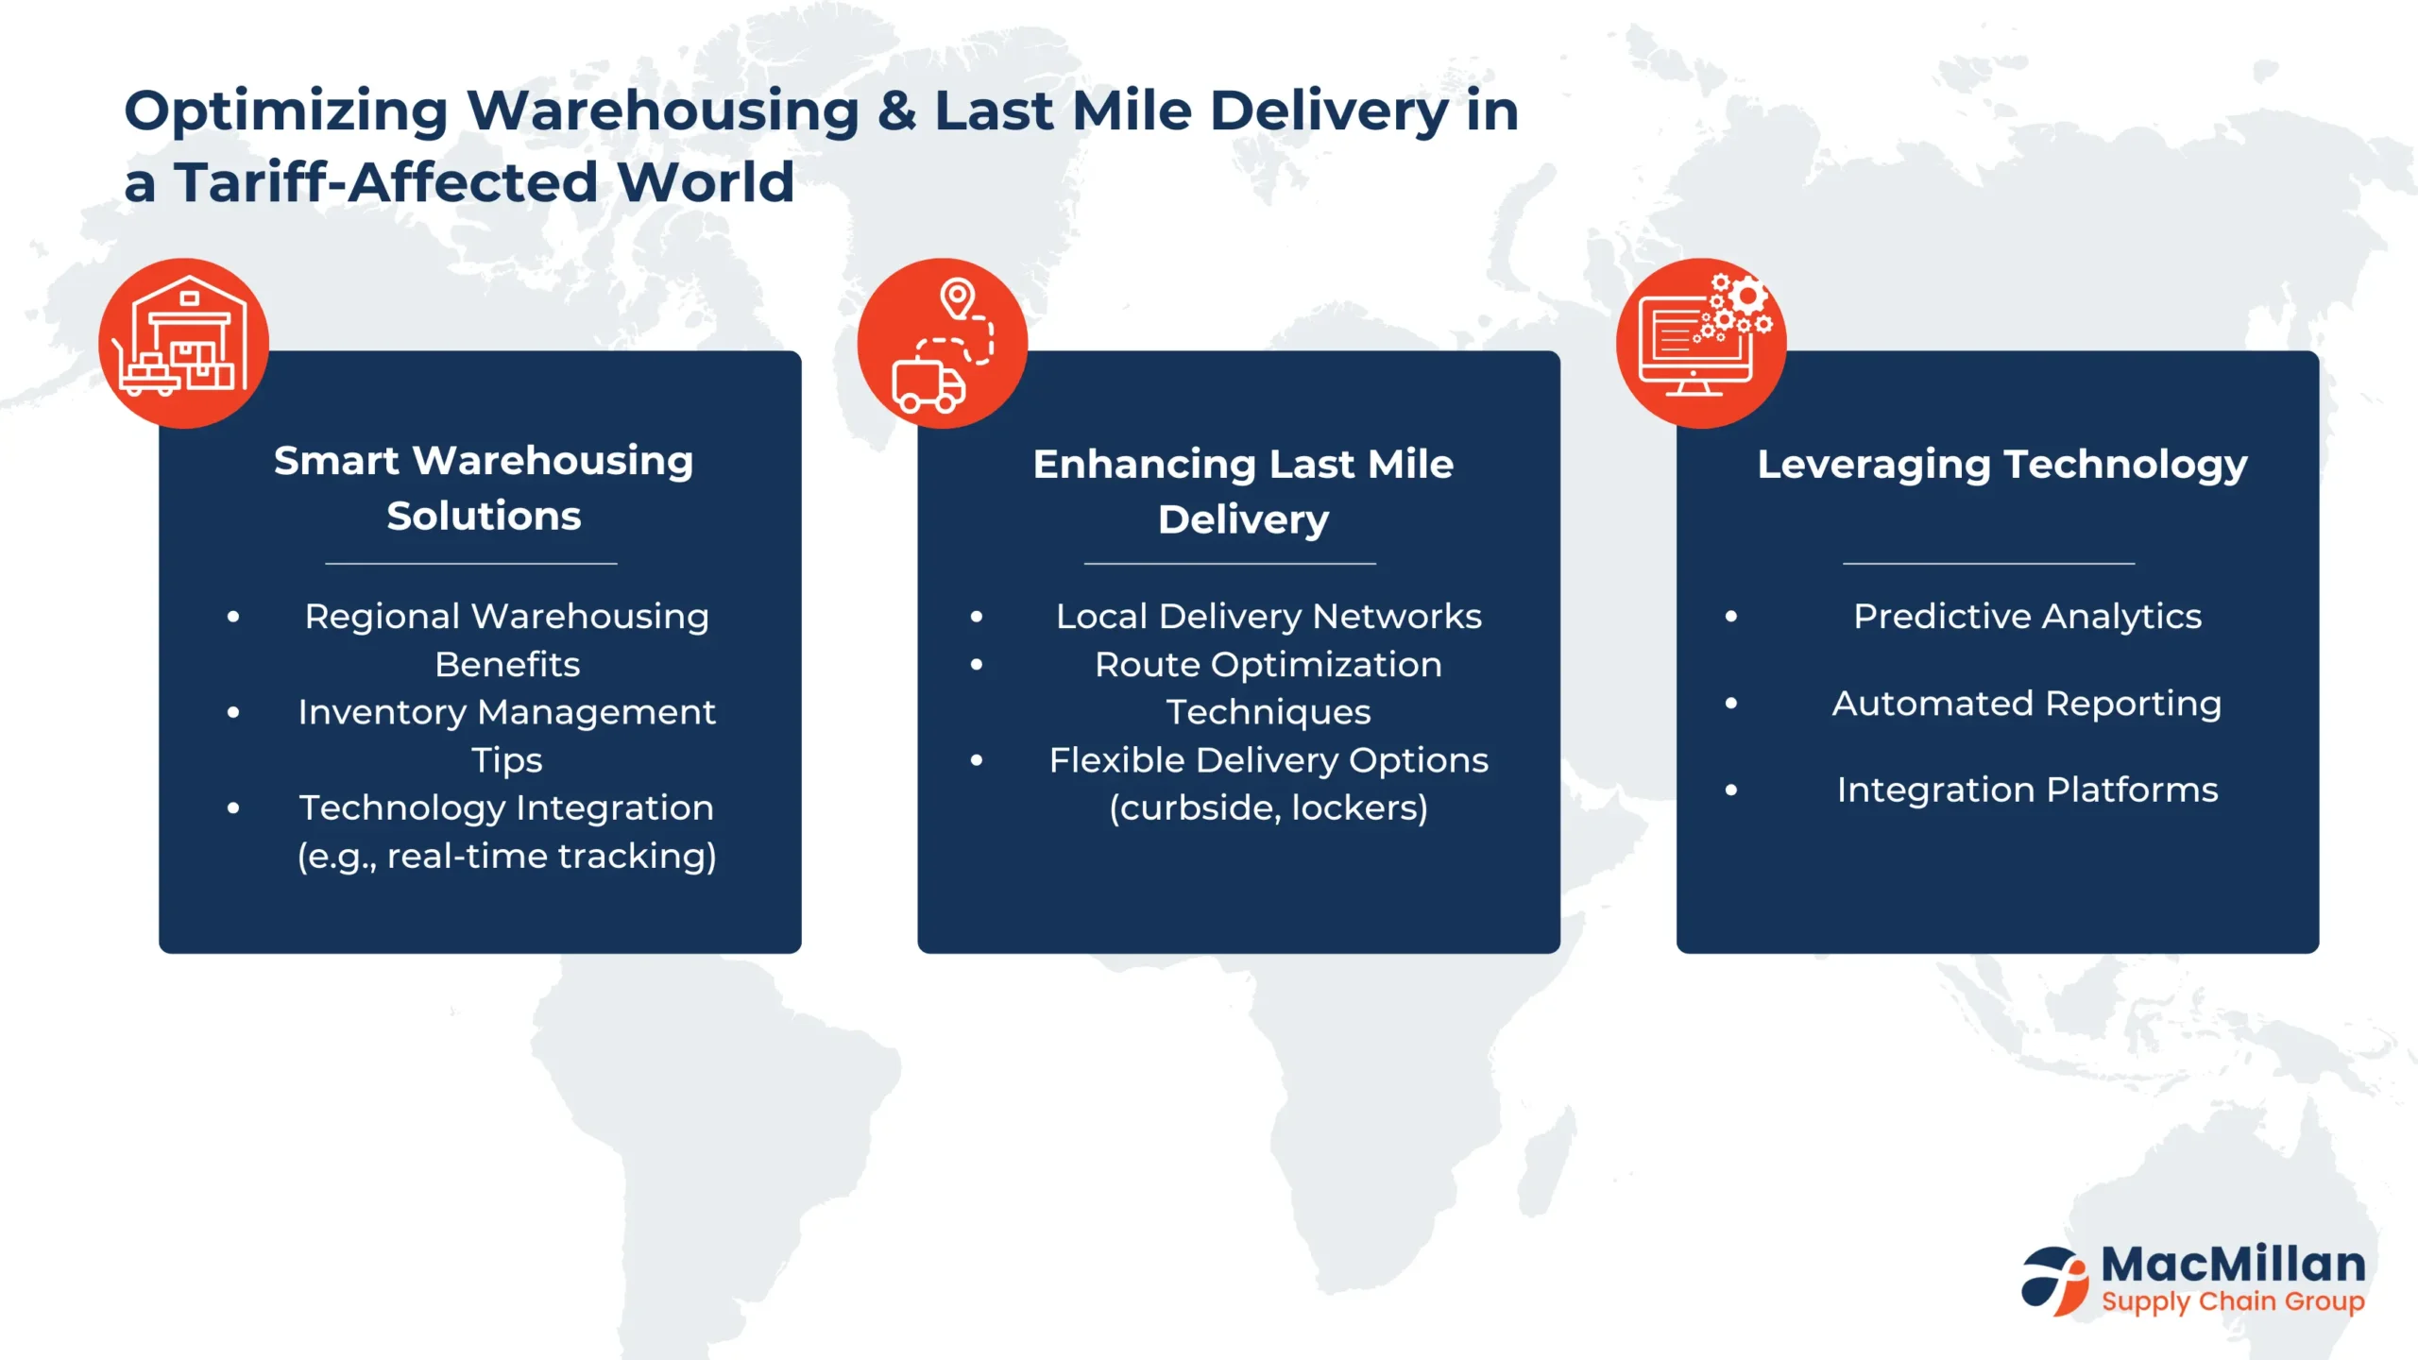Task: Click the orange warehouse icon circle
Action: [x=184, y=343]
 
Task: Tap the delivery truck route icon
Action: [x=943, y=344]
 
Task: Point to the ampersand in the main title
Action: [x=896, y=110]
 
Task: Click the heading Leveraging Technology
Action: [x=2002, y=465]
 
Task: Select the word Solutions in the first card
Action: [x=484, y=516]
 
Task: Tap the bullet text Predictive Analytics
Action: [x=2027, y=617]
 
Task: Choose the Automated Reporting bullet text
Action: [x=2027, y=705]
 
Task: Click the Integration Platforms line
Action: [x=2027, y=790]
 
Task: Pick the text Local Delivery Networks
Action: [x=1269, y=617]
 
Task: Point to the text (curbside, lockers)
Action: [x=1269, y=808]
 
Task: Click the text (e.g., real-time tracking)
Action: [x=507, y=857]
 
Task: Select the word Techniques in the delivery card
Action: [x=1269, y=713]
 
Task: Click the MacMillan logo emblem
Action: [x=2055, y=1281]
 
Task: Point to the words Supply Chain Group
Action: [x=2233, y=1302]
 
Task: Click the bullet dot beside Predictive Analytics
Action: [x=1730, y=617]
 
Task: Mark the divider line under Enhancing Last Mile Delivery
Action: [x=1230, y=564]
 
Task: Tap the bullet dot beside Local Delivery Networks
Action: [x=977, y=617]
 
